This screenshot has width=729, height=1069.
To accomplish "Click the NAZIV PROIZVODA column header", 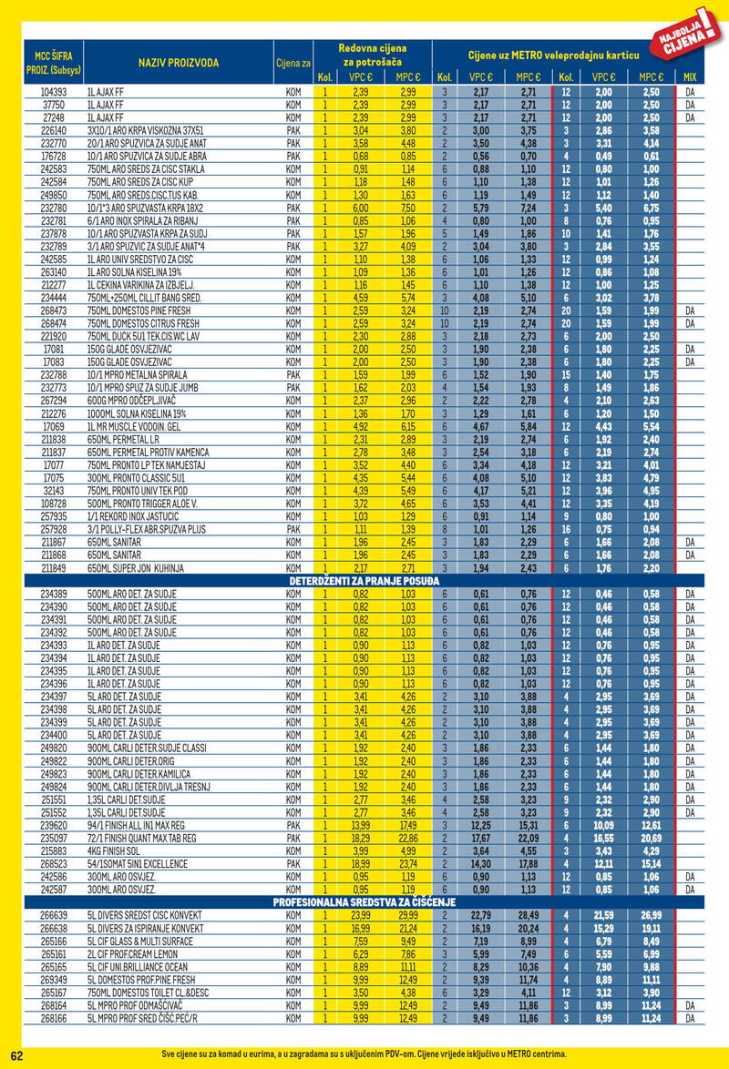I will coord(179,63).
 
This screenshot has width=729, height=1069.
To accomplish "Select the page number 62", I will coord(16,1054).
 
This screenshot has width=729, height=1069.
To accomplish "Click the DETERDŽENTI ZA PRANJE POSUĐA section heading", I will coord(364,580).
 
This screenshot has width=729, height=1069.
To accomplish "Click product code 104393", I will coord(55,93).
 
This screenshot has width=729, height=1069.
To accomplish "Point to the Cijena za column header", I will coord(293,63).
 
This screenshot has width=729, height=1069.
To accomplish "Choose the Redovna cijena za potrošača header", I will coord(372,54).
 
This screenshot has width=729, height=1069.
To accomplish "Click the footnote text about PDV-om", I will coord(364,1054).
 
